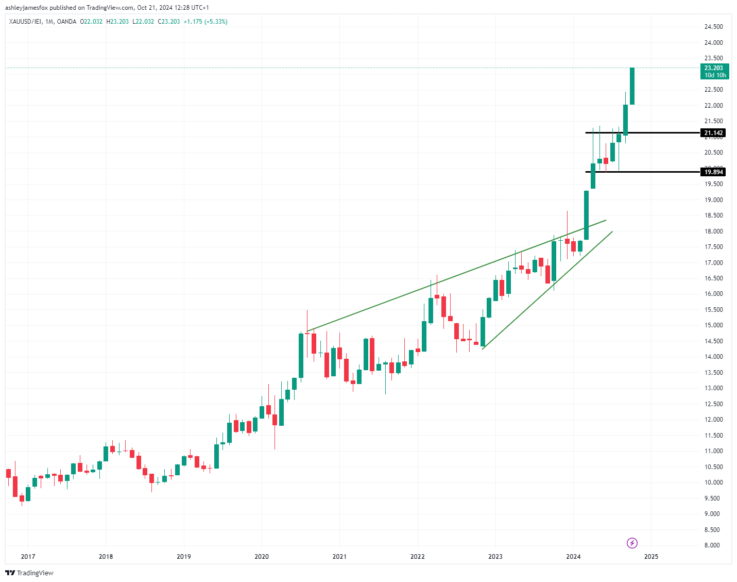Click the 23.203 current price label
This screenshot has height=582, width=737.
point(714,68)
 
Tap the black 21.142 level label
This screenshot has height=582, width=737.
point(714,133)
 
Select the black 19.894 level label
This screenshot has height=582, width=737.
point(714,172)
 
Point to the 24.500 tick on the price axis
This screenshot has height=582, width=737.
point(713,27)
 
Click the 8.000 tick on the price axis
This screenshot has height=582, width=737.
point(712,545)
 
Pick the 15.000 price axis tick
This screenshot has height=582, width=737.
point(713,325)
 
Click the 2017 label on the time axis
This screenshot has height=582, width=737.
point(28,557)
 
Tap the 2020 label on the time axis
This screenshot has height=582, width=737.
point(262,557)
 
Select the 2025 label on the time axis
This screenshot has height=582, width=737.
point(651,557)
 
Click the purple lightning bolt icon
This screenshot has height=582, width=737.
point(632,543)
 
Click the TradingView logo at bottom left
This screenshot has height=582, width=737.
point(29,573)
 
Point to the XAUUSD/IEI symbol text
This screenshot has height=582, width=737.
point(25,22)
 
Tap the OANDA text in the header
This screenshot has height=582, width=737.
point(66,22)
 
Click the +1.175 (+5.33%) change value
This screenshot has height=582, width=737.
point(205,22)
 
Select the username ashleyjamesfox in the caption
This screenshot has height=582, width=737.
point(26,8)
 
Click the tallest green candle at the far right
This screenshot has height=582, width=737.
point(632,86)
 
